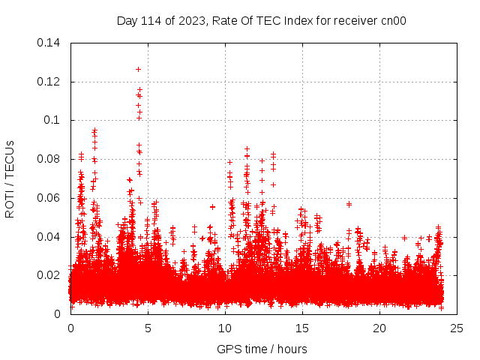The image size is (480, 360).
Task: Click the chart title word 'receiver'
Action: (356, 21)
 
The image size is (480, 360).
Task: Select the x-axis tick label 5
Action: (148, 328)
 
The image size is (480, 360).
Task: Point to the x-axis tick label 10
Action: (225, 328)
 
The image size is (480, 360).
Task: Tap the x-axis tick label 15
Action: (302, 328)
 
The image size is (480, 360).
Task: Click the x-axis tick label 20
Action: (379, 328)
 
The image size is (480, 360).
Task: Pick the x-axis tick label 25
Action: (457, 328)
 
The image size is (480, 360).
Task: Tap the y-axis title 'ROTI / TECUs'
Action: (10, 178)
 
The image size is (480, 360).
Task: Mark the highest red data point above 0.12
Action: (138, 69)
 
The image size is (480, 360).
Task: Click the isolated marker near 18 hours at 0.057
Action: (349, 203)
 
